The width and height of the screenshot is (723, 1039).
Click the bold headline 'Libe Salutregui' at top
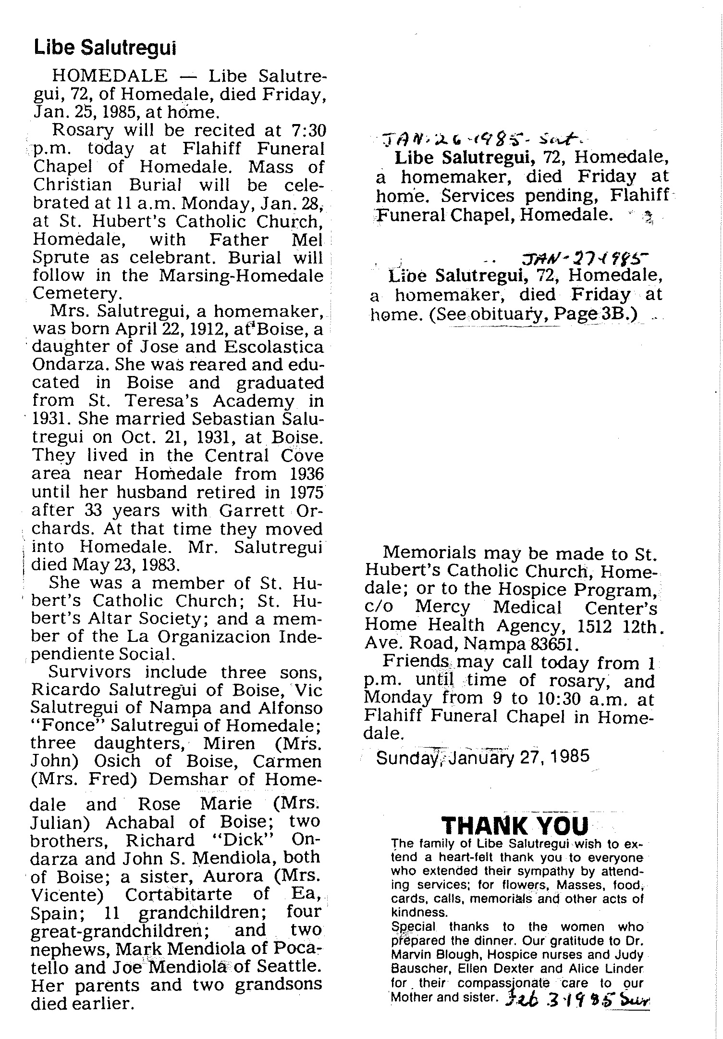104,48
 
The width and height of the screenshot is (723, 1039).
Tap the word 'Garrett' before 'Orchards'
248,511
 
